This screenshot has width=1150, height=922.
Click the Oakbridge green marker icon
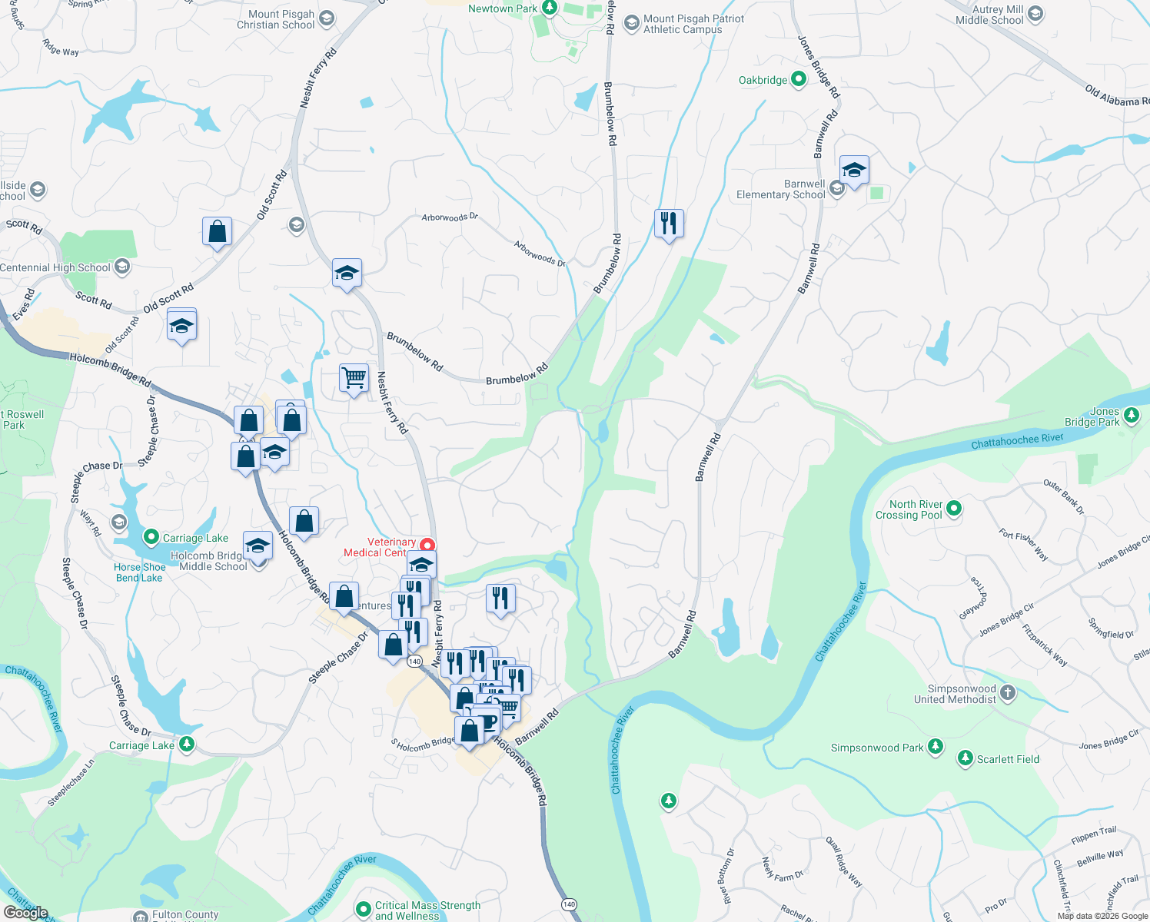tap(798, 79)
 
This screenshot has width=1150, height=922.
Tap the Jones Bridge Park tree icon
tap(1131, 416)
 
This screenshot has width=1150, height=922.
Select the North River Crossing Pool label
tap(909, 509)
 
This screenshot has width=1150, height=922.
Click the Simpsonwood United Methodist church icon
tap(1008, 693)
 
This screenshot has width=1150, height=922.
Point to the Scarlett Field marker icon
tap(966, 758)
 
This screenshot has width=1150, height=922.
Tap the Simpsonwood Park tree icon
tap(935, 747)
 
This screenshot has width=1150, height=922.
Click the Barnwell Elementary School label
tap(781, 190)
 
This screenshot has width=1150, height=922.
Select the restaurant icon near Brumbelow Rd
tap(669, 224)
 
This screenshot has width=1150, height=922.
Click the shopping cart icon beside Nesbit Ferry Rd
tap(354, 378)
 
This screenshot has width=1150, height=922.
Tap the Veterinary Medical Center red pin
tap(427, 546)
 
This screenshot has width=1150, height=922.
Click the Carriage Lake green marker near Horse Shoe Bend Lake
tap(151, 537)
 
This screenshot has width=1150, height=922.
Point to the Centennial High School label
tap(55, 267)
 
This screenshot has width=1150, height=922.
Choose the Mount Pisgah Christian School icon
tap(327, 18)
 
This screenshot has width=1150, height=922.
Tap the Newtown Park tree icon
tap(549, 8)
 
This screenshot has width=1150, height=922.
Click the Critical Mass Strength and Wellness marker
tap(364, 910)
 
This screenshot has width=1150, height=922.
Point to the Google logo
tap(26, 913)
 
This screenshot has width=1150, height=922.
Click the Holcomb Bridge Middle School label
tap(208, 561)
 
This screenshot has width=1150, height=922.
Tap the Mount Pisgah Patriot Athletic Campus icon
tap(631, 23)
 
